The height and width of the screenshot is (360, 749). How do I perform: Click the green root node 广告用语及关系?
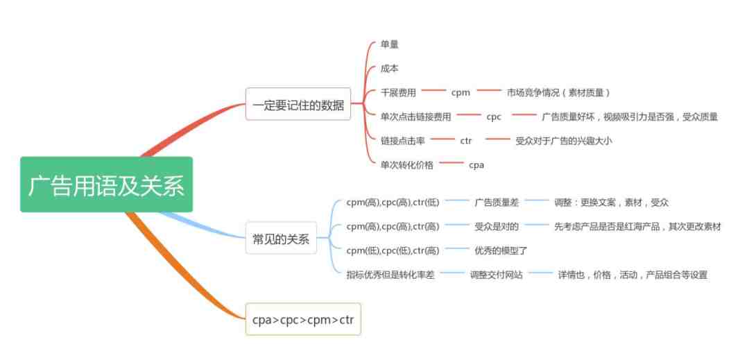(x=106, y=185)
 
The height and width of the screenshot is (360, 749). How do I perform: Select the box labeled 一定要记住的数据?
(x=298, y=104)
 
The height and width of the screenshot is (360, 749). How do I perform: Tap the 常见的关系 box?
(x=281, y=238)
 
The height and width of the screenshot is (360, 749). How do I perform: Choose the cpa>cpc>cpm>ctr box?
(x=303, y=319)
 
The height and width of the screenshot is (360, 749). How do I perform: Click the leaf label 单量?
(x=389, y=44)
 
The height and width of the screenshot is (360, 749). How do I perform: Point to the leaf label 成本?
(x=389, y=68)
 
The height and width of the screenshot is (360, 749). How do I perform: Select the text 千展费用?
(x=398, y=93)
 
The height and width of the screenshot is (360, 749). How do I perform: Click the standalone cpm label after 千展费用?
(x=460, y=93)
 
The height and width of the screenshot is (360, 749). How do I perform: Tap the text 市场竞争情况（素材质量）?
(x=558, y=93)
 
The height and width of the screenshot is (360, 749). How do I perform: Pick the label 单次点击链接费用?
(x=415, y=117)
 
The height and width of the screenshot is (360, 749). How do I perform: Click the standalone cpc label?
(x=494, y=117)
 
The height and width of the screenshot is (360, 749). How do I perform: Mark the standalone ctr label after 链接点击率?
(x=466, y=141)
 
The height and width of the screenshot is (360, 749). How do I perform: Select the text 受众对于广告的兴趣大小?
(x=564, y=141)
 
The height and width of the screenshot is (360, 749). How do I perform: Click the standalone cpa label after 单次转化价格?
(x=476, y=165)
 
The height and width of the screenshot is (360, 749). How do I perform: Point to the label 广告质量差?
(x=497, y=203)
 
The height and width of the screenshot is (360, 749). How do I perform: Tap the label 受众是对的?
(x=497, y=226)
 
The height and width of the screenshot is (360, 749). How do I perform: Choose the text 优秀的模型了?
(x=501, y=250)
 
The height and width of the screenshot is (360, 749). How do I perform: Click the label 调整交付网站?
(x=497, y=275)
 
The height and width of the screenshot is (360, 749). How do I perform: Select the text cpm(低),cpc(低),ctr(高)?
(x=393, y=250)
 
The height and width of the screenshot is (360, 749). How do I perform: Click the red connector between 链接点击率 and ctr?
(x=442, y=139)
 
